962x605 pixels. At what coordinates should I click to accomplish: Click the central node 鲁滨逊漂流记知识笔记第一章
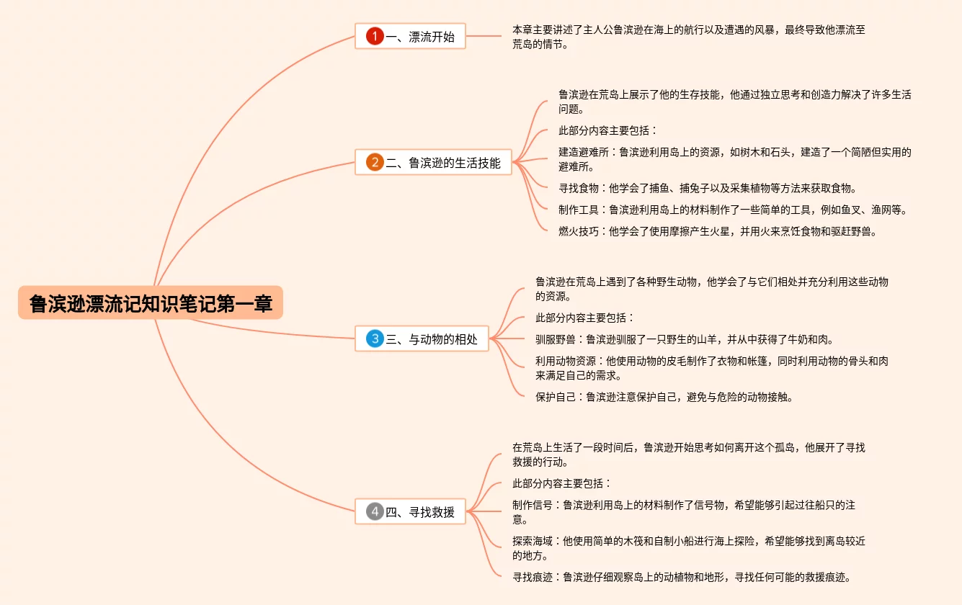[151, 303]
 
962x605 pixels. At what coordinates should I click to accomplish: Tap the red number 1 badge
[374, 36]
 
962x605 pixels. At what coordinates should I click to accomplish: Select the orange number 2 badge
[374, 162]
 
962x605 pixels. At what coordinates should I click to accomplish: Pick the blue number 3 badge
[374, 339]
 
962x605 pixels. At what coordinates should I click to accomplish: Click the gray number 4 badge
[374, 511]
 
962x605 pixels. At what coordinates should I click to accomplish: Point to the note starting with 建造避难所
[734, 159]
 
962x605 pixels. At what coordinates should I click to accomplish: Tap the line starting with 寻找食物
[707, 188]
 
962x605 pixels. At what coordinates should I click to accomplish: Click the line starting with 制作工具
[732, 210]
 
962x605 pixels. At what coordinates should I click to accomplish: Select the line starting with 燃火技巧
[717, 231]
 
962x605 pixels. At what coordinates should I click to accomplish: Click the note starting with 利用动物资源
[711, 368]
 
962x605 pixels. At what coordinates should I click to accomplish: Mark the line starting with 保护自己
[664, 396]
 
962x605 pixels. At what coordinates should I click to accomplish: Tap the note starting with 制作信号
[683, 512]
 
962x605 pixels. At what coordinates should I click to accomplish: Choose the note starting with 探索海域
[688, 548]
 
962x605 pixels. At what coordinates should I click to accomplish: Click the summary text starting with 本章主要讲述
[688, 37]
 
